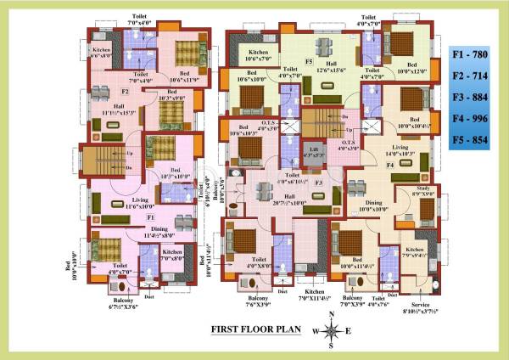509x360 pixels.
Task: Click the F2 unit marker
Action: pos(125,91)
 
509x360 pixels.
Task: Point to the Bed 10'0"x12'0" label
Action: pos(411,69)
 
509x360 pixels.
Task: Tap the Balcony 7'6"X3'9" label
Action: pos(256,303)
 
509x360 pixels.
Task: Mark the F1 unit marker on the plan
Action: pos(126,218)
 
